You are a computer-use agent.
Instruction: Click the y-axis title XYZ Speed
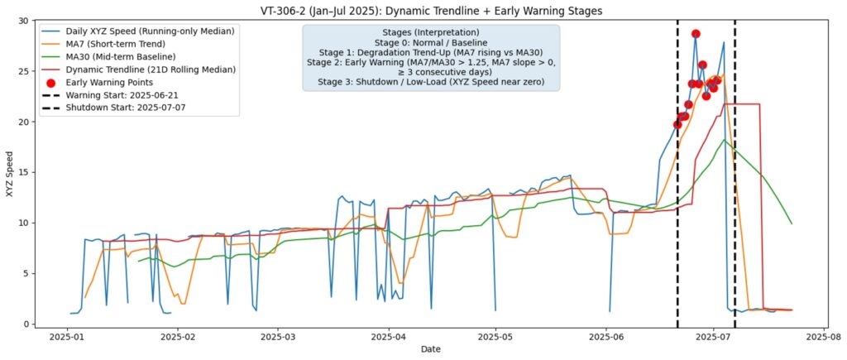pos(9,172)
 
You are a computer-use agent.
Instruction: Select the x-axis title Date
pos(430,349)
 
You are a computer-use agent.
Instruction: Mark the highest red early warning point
pos(696,34)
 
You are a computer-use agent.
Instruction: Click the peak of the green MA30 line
pos(724,140)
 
